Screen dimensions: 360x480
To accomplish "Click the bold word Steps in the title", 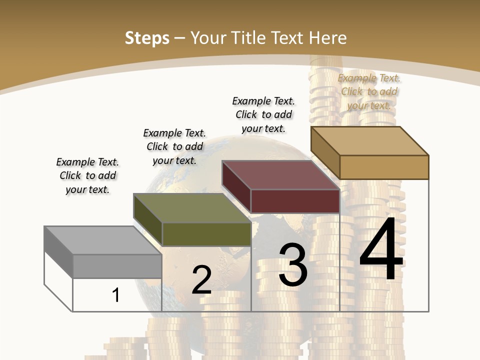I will point(147,38).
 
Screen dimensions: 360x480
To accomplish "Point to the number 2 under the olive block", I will point(201,280).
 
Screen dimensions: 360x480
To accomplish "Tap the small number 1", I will point(116,295).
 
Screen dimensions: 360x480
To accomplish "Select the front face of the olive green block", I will point(206,234).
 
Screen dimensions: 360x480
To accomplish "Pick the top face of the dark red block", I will point(280,175).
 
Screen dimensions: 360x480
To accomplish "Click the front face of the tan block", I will point(384,167).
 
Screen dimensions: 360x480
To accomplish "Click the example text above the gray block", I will point(87,175).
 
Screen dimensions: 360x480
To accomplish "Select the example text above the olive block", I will point(174,146).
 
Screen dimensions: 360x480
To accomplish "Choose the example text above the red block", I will point(263,114).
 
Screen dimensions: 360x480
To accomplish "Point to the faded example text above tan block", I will point(369,91).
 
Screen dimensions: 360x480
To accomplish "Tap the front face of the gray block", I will point(117,266).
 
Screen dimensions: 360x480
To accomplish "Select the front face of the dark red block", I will point(295,201).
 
